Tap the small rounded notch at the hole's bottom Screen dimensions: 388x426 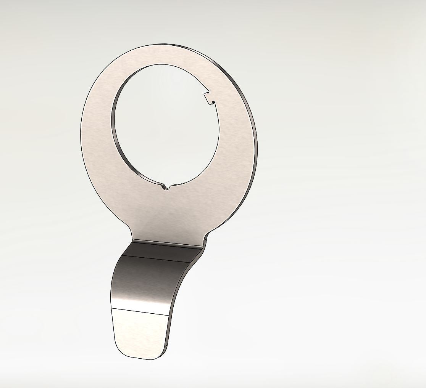click(165, 187)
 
